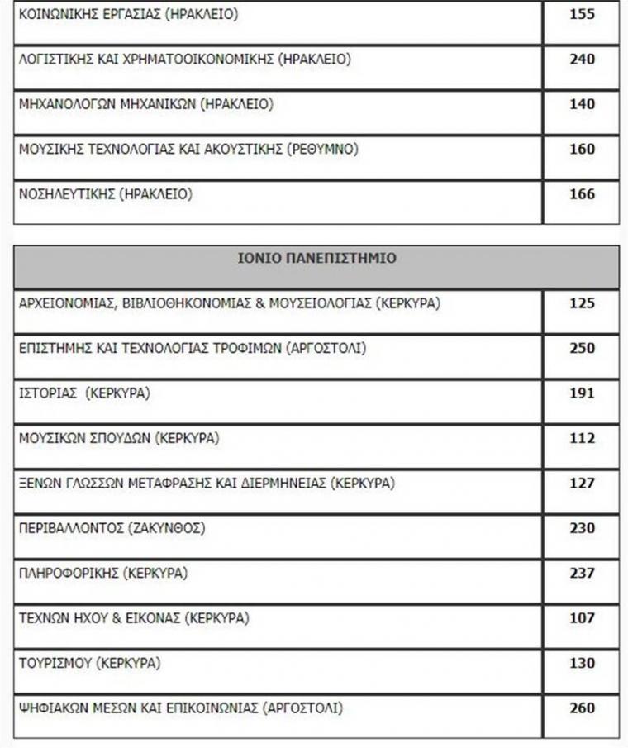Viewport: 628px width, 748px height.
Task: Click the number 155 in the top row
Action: pyautogui.click(x=582, y=15)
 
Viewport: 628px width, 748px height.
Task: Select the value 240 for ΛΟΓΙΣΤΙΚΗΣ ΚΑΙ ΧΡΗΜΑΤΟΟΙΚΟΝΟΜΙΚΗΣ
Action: pyautogui.click(x=582, y=60)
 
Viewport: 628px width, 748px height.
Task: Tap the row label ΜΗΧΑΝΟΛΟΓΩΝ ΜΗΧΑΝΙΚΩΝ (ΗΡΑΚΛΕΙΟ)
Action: pyautogui.click(x=145, y=104)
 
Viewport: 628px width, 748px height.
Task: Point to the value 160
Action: pyautogui.click(x=582, y=150)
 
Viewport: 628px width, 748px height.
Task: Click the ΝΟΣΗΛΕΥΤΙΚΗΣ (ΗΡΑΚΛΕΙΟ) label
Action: pyautogui.click(x=105, y=194)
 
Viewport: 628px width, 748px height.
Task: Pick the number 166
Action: pyautogui.click(x=582, y=194)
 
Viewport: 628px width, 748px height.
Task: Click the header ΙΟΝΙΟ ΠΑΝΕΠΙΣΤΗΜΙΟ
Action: pyautogui.click(x=316, y=258)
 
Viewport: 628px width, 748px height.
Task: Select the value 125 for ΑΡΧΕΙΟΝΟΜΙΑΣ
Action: pyautogui.click(x=582, y=303)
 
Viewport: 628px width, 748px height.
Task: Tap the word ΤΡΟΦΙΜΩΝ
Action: pyautogui.click(x=245, y=348)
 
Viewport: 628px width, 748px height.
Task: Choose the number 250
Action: pyautogui.click(x=582, y=348)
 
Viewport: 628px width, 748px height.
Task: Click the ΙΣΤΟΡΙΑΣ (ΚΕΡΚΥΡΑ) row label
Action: pyautogui.click(x=84, y=393)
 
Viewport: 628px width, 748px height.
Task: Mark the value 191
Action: pyautogui.click(x=582, y=393)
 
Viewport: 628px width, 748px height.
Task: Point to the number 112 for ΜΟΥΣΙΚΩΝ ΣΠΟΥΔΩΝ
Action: pyautogui.click(x=582, y=438)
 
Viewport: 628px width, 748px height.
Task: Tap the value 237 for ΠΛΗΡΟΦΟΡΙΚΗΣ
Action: pyautogui.click(x=582, y=573)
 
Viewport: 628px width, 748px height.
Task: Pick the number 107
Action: pyautogui.click(x=582, y=617)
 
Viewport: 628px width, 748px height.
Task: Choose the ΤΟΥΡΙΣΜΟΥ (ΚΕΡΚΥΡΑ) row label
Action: pyautogui.click(x=90, y=663)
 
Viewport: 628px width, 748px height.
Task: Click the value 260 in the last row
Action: pyautogui.click(x=582, y=708)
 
